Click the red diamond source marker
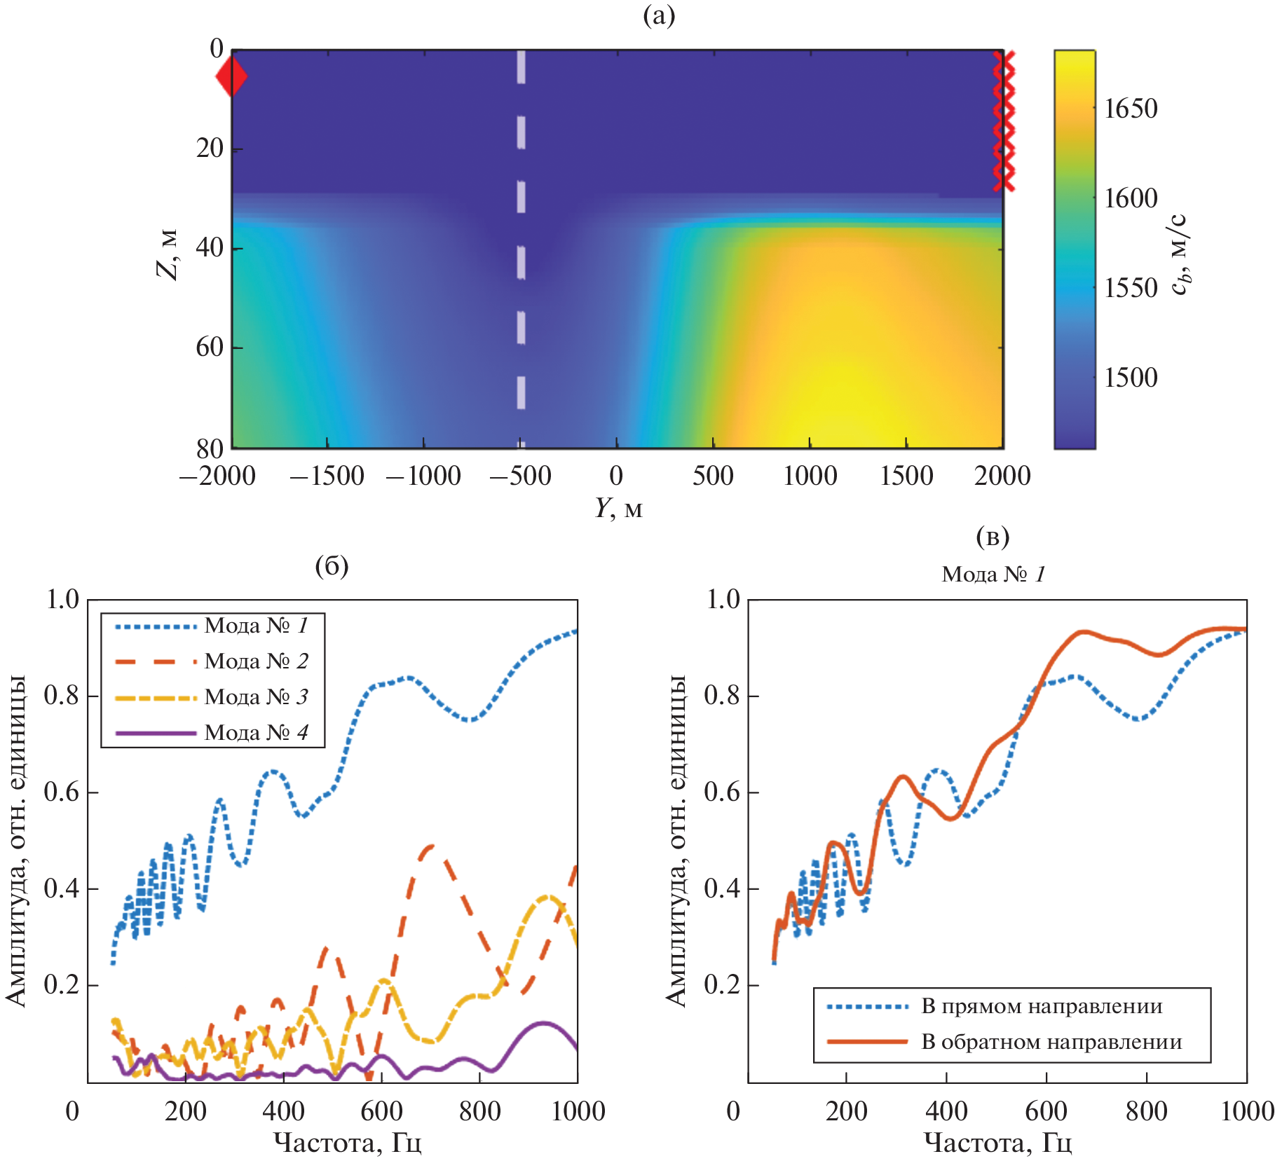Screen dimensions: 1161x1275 tap(231, 77)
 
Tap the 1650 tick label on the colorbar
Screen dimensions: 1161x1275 tap(1131, 109)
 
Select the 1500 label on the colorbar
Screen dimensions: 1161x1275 tap(1131, 378)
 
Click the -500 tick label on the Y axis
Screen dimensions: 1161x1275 tap(520, 476)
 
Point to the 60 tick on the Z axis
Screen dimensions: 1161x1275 tap(210, 347)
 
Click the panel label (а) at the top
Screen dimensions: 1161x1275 tap(659, 15)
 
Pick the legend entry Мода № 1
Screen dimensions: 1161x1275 tap(256, 625)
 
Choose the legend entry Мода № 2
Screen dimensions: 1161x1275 tap(256, 661)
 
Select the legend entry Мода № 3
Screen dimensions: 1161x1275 tap(256, 696)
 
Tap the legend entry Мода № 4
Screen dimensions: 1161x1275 tap(256, 732)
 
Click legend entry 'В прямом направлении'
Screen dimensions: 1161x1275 tap(1041, 1006)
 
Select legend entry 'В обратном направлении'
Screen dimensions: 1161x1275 tap(1051, 1042)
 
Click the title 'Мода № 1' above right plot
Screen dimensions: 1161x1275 tap(993, 575)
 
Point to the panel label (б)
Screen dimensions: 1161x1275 tap(332, 565)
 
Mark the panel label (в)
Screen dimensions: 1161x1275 tap(993, 537)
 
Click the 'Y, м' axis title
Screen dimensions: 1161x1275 tap(618, 508)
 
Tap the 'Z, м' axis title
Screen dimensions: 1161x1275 tap(168, 254)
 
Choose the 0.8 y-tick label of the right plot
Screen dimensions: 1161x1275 tap(722, 696)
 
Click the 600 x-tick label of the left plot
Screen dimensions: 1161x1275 tap(381, 1111)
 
